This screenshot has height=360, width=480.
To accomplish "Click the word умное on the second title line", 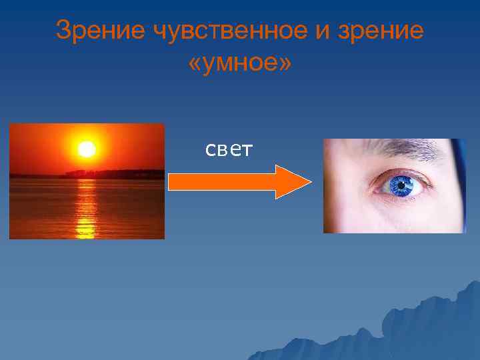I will click(x=241, y=65).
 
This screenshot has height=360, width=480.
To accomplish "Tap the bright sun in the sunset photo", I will click(x=87, y=149).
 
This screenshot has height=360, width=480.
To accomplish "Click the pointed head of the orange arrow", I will click(x=293, y=182).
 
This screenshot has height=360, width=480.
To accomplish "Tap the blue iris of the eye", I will click(x=401, y=186).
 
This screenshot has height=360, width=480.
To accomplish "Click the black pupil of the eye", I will click(x=401, y=186).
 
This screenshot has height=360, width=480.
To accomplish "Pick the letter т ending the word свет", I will click(x=246, y=151).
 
